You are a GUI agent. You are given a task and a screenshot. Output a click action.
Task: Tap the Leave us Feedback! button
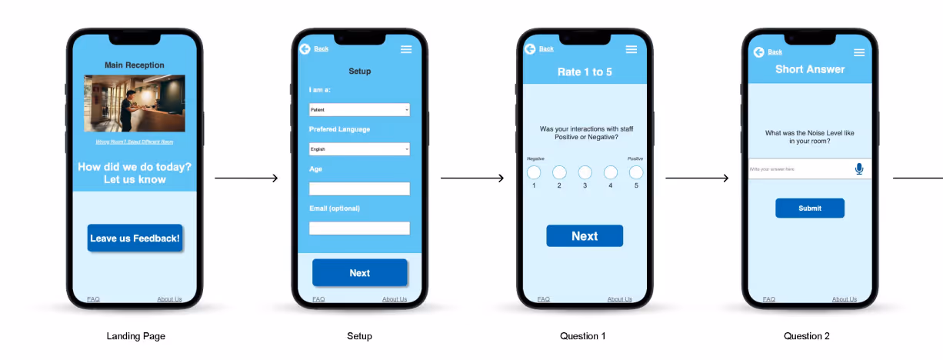[x=135, y=238]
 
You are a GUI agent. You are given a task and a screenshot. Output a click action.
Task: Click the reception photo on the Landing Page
[x=135, y=103]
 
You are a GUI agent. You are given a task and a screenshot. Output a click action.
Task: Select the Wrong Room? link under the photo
[x=135, y=142]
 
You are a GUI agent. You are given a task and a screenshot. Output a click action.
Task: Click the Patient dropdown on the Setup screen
[x=359, y=110]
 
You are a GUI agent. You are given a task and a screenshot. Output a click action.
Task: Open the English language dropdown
[x=359, y=149]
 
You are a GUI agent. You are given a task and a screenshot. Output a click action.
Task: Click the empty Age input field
[x=359, y=188]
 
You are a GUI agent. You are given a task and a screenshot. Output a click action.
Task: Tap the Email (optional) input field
[x=359, y=228]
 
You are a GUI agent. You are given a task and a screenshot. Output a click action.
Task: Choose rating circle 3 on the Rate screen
[x=585, y=172]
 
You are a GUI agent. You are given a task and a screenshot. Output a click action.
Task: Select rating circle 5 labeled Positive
[x=636, y=172]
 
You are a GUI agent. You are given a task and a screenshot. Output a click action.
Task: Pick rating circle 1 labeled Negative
[x=534, y=172]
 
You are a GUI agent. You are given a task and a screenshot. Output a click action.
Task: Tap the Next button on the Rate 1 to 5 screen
[x=585, y=236]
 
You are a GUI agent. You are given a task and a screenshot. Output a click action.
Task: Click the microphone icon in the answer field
[x=859, y=168]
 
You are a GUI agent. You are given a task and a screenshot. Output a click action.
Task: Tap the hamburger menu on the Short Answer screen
[x=859, y=52]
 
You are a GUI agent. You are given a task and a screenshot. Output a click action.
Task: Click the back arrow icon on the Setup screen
[x=305, y=49]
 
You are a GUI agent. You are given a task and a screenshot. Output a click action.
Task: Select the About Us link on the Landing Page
[x=170, y=299]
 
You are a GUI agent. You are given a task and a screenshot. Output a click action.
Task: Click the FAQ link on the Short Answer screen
[x=769, y=299]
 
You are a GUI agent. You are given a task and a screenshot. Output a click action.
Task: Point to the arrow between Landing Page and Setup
[x=246, y=178]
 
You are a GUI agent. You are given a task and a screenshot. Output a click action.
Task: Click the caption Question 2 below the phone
[x=807, y=336]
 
